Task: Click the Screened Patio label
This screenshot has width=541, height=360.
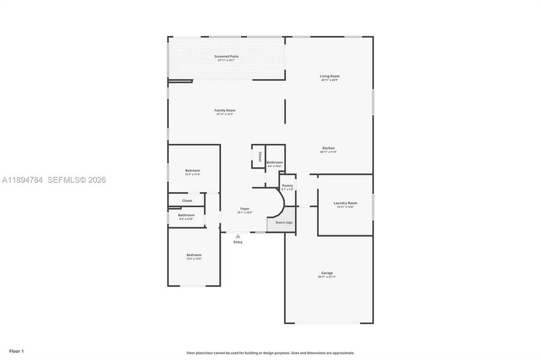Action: point(226,56)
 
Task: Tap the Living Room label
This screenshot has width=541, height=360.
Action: point(330,76)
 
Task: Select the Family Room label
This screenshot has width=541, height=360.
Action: point(225,110)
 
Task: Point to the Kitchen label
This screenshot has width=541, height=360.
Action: point(328,148)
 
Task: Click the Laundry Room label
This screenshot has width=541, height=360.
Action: point(345,203)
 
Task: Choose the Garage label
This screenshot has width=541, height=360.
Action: point(327,273)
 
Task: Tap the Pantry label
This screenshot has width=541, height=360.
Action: point(288,185)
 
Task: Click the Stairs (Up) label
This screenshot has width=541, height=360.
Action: point(284,223)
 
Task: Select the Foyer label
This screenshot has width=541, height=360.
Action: point(244,208)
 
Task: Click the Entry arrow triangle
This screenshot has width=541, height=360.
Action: point(238,236)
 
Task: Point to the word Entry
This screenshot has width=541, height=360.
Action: point(238,242)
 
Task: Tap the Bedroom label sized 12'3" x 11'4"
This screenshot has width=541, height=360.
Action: point(192,170)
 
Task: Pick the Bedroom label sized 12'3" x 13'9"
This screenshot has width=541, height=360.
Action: point(193,255)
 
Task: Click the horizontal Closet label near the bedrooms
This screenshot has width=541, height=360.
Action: point(187,200)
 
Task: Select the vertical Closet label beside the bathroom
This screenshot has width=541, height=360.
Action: point(259,157)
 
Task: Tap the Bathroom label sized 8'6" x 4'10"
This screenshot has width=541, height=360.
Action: point(186,215)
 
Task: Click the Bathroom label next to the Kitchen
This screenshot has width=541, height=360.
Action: point(275,162)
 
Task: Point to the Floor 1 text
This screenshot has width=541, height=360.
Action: point(16,350)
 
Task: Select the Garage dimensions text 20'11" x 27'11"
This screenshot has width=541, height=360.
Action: point(327,277)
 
